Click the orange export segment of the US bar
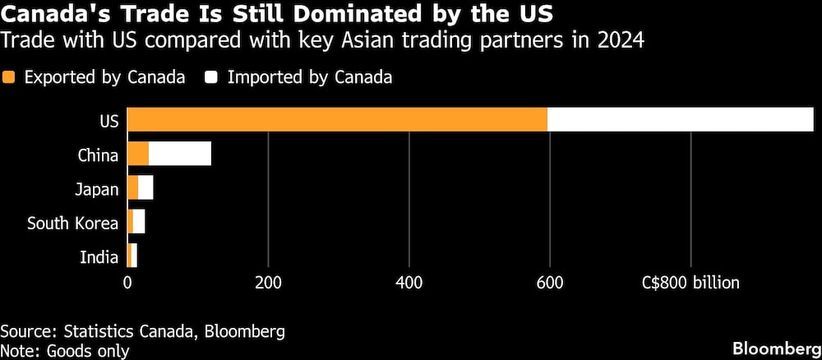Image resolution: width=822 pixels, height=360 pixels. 337,119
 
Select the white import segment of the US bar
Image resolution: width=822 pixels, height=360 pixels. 680,119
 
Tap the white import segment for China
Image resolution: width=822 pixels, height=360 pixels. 180,154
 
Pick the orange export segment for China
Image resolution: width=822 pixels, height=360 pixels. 138,154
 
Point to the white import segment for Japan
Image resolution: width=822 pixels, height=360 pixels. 145,188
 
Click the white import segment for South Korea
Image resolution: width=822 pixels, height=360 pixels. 138,222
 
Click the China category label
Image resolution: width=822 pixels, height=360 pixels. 99,155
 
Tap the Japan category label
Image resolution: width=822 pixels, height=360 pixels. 96,189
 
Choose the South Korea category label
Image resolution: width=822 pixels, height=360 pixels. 73,223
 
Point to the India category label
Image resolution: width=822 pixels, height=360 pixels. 99,257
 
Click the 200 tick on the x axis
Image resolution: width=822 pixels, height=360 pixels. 268,282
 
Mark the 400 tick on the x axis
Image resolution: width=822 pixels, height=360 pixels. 409,282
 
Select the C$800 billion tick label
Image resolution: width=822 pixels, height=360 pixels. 690,282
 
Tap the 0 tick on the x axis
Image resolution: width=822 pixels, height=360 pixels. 127,282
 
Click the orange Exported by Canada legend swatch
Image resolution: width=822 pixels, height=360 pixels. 10,77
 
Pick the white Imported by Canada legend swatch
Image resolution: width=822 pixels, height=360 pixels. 212,77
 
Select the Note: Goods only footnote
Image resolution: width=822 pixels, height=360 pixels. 65,351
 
